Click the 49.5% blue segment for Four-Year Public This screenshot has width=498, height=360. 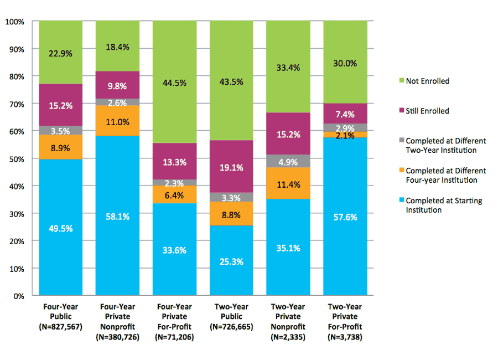tap(61, 227)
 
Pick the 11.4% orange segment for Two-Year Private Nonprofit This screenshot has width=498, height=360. tap(288, 183)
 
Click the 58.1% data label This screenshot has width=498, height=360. tap(117, 217)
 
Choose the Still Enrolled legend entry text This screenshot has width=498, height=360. tap(427, 111)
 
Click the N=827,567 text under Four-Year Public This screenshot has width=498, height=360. tap(61, 327)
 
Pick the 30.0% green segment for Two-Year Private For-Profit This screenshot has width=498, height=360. tap(345, 63)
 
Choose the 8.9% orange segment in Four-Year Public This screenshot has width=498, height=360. tap(61, 147)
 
